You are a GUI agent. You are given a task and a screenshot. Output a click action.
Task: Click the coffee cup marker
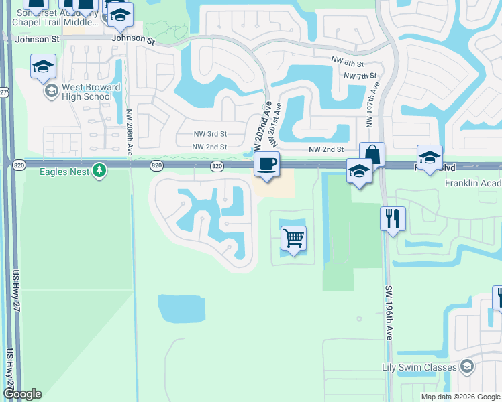pos(267,164)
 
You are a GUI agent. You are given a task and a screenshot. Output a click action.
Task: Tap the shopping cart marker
pos(294,238)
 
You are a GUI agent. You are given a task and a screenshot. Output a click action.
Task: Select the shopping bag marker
pos(372,155)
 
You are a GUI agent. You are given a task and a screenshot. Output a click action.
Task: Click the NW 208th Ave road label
pos(129,134)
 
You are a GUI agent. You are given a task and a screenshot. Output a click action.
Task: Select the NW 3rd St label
pos(209,134)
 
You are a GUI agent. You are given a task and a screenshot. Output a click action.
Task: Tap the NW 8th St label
pos(347,62)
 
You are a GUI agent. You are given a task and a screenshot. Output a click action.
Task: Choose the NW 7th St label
pos(360,76)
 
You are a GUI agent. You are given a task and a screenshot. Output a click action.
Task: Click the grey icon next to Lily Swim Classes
pos(468,366)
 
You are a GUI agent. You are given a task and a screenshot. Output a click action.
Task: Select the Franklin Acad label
pos(472,183)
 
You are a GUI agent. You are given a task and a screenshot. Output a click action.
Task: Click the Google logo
pos(22,394)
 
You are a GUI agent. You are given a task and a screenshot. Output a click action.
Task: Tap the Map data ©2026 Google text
pos(460,397)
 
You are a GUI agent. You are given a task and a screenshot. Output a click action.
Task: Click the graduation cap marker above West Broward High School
pos(43,66)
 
